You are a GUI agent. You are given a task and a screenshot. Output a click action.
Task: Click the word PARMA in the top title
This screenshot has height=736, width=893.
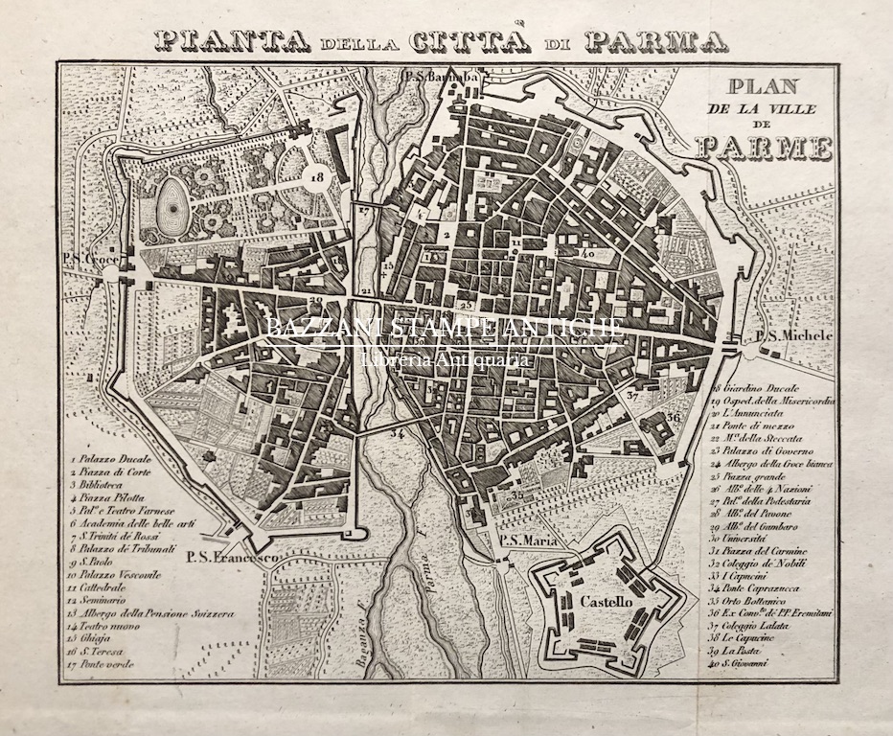click(x=655, y=40)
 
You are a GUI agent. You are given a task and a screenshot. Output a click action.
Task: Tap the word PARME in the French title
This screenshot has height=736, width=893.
click(x=764, y=148)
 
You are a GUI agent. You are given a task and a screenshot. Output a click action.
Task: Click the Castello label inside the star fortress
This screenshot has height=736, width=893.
click(x=605, y=602)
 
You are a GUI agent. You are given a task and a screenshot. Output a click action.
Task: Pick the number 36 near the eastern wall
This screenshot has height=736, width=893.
click(x=675, y=418)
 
